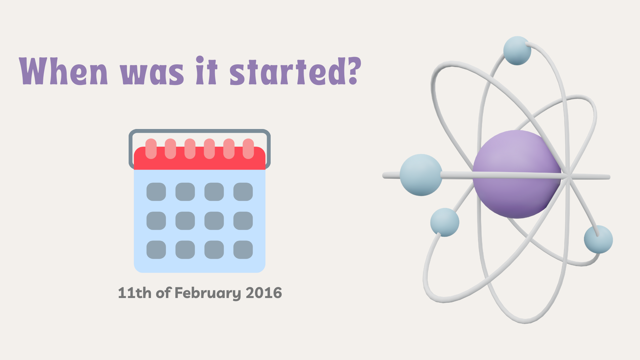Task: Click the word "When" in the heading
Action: click(x=63, y=71)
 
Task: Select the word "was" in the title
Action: click(x=152, y=73)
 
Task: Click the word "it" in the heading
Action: click(x=207, y=70)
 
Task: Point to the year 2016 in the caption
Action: click(x=264, y=293)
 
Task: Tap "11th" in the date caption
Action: click(x=135, y=293)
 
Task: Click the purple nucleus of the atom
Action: click(x=517, y=174)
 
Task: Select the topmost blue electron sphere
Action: click(x=517, y=51)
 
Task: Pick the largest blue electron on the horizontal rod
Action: click(x=421, y=175)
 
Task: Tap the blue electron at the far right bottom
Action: click(x=598, y=239)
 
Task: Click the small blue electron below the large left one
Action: click(x=445, y=222)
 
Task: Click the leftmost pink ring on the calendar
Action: click(x=151, y=149)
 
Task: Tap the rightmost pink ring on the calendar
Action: click(x=248, y=149)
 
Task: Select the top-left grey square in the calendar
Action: click(x=156, y=192)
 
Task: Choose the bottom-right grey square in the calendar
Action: click(x=243, y=250)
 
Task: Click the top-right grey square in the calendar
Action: click(x=243, y=192)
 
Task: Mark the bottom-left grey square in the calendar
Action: click(x=156, y=250)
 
